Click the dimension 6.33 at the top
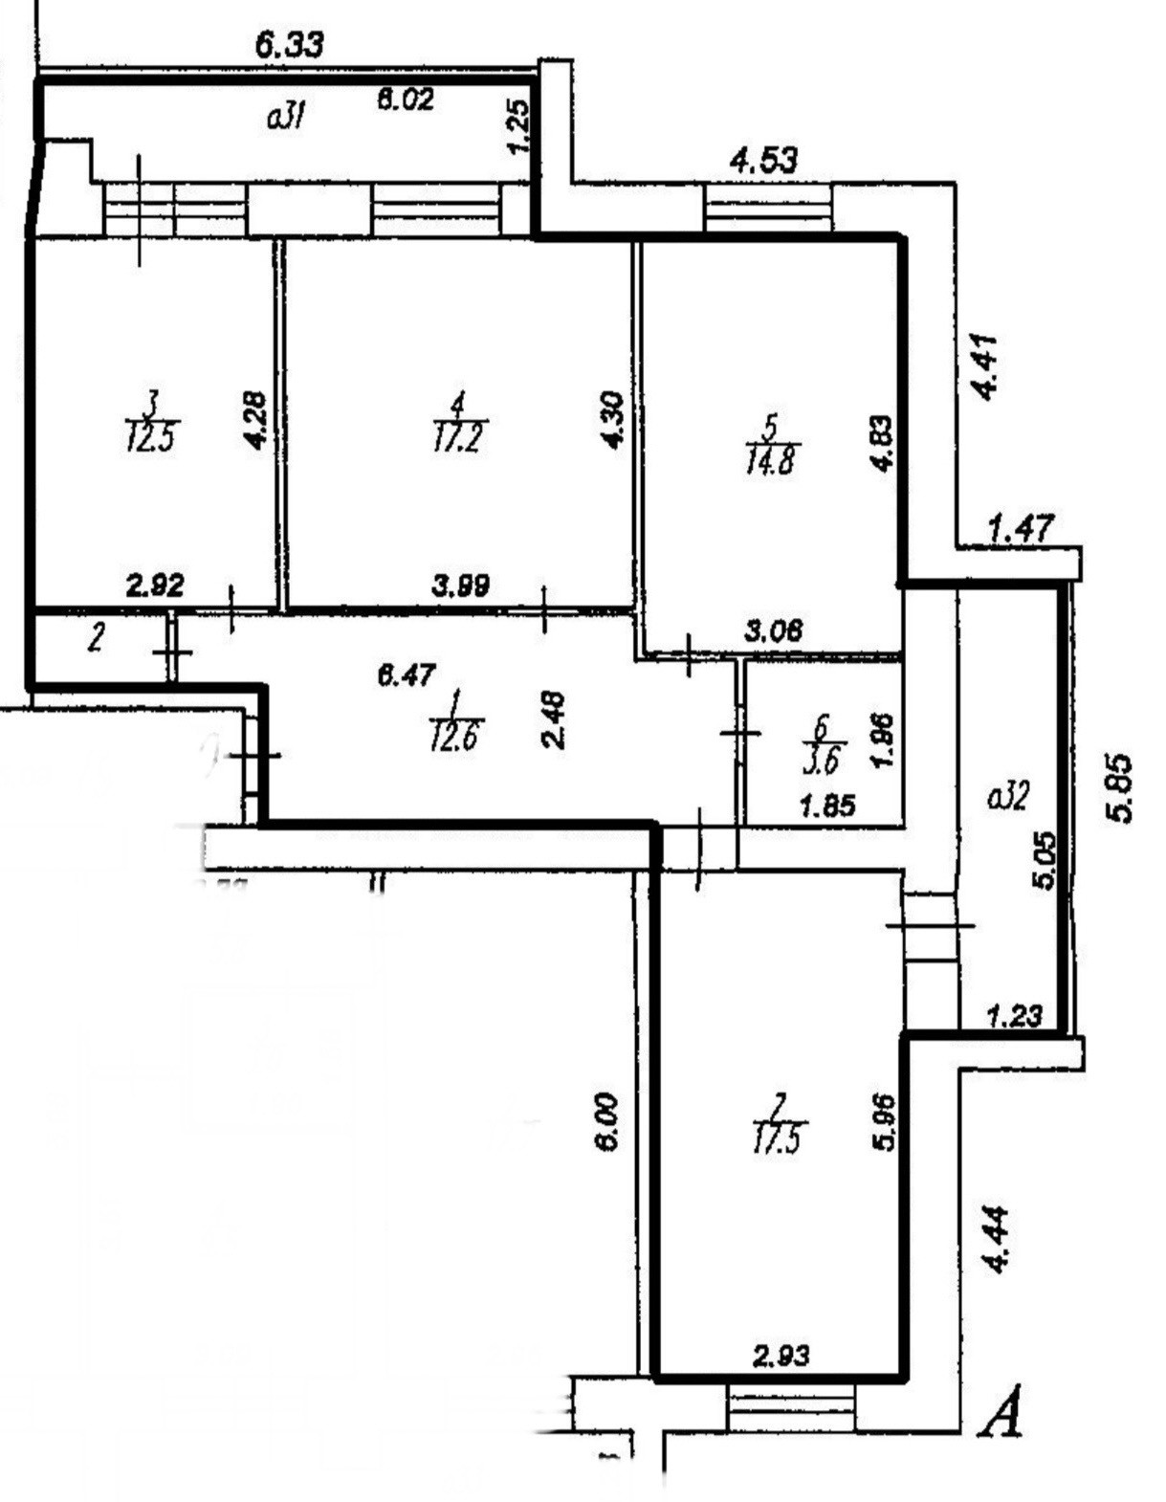(290, 45)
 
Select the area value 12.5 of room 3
(151, 440)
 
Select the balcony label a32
(1007, 796)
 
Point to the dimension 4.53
(763, 160)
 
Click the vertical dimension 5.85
(1119, 787)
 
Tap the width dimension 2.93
(781, 1355)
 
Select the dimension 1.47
(1021, 528)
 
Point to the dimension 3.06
(773, 630)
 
